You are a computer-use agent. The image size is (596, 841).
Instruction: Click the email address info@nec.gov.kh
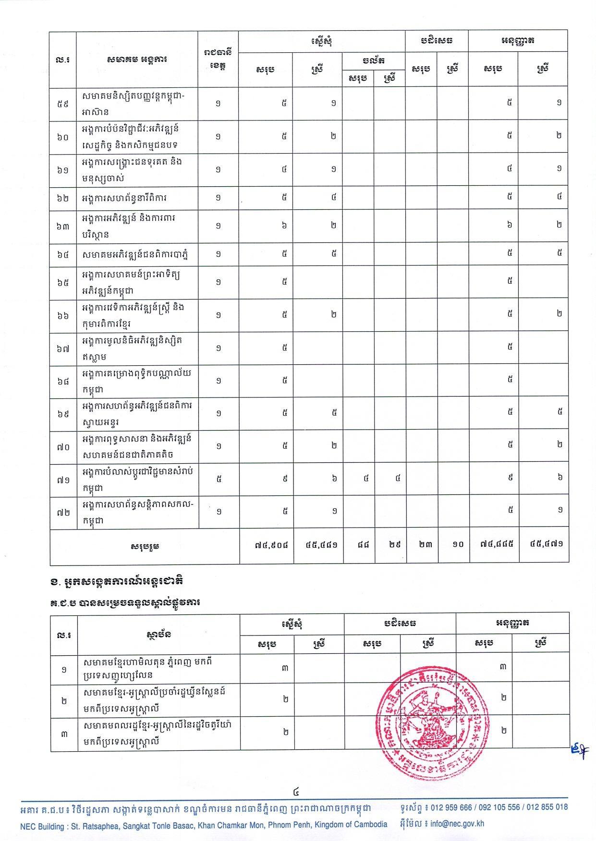pyautogui.click(x=457, y=824)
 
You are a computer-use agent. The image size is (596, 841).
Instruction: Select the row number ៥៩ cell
pyautogui.click(x=63, y=103)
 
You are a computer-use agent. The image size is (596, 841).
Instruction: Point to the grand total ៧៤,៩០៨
pyautogui.click(x=272, y=544)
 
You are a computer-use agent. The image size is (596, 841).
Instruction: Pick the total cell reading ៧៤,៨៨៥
pyautogui.click(x=494, y=544)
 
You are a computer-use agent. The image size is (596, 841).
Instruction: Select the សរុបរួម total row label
pyautogui.click(x=145, y=546)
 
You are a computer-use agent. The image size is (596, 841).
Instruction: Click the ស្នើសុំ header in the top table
pyautogui.click(x=321, y=41)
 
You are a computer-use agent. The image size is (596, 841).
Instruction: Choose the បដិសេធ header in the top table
pyautogui.click(x=436, y=40)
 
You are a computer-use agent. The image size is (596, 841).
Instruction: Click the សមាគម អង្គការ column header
pyautogui.click(x=137, y=60)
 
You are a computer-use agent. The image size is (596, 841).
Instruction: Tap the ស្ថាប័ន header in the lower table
pyautogui.click(x=158, y=634)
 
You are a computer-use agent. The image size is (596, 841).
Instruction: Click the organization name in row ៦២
pyautogui.click(x=124, y=198)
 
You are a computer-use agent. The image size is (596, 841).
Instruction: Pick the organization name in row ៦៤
pyautogui.click(x=134, y=254)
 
